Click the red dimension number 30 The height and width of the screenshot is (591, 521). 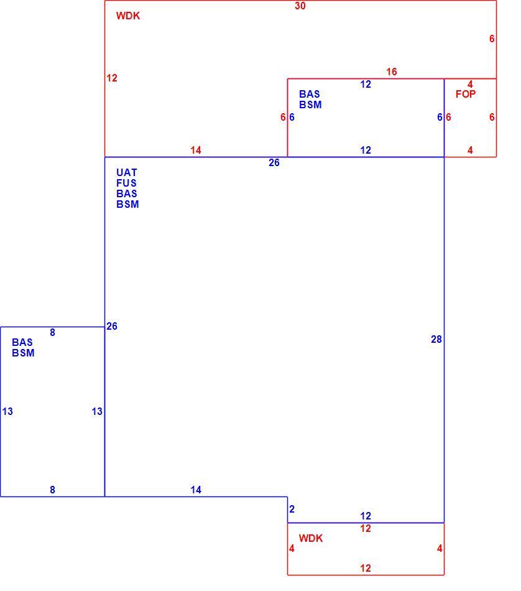[300, 6]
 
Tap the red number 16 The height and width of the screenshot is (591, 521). [392, 72]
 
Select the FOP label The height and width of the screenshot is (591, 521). [466, 94]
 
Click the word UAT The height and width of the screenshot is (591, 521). [127, 172]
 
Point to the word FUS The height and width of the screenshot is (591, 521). [127, 183]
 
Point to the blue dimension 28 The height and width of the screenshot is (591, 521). [436, 339]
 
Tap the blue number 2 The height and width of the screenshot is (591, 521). [292, 509]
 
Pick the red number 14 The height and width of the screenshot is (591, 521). [195, 150]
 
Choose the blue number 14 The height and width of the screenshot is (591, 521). [195, 490]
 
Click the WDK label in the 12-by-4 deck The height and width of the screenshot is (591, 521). [311, 538]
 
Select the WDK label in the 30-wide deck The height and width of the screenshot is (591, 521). [128, 16]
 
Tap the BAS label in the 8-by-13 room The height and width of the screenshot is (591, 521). [22, 342]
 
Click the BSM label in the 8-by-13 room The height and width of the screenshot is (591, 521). [23, 353]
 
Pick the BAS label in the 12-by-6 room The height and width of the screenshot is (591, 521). [309, 94]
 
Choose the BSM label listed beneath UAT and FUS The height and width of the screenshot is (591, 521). [127, 204]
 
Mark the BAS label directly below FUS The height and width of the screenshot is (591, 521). [127, 193]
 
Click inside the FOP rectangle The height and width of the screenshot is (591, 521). [470, 124]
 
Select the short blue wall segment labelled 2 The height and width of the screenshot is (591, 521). [287, 510]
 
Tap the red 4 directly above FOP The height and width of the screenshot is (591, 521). [470, 84]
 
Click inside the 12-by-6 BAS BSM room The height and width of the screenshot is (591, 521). [366, 124]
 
